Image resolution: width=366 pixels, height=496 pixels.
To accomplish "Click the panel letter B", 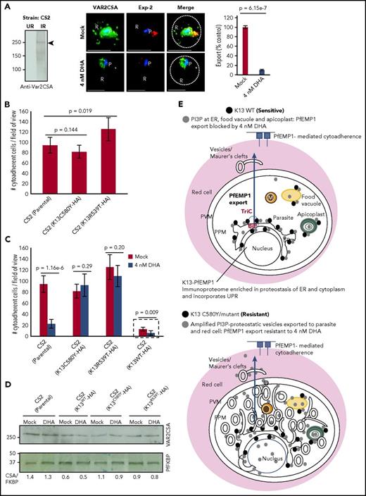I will point(5,108).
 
